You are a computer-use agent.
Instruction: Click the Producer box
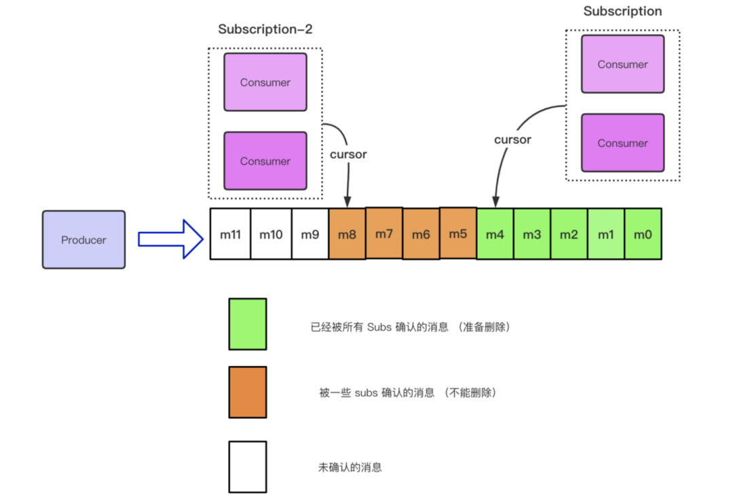(x=83, y=239)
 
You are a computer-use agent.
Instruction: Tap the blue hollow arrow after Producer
(x=170, y=239)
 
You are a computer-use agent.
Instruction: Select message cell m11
(x=231, y=234)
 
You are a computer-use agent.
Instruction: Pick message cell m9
(x=310, y=234)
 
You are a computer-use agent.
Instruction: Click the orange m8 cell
(x=347, y=233)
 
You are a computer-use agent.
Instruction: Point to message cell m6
(x=421, y=233)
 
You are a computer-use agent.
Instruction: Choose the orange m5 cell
(x=458, y=233)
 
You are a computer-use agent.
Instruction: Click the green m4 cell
(x=495, y=234)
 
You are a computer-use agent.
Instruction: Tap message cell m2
(x=569, y=234)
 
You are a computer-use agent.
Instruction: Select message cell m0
(x=643, y=234)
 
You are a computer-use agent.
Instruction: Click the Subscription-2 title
(x=265, y=29)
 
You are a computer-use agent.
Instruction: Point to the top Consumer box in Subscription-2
(x=265, y=82)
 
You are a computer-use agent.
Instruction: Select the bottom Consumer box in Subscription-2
(x=265, y=161)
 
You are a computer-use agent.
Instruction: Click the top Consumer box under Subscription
(x=622, y=64)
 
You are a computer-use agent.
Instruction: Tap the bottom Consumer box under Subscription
(x=622, y=143)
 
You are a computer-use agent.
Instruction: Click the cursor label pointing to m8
(x=348, y=154)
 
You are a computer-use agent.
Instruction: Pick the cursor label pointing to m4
(x=513, y=140)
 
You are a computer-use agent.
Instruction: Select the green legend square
(x=248, y=324)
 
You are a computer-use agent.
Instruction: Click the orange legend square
(x=248, y=393)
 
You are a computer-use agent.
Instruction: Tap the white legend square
(x=248, y=467)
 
